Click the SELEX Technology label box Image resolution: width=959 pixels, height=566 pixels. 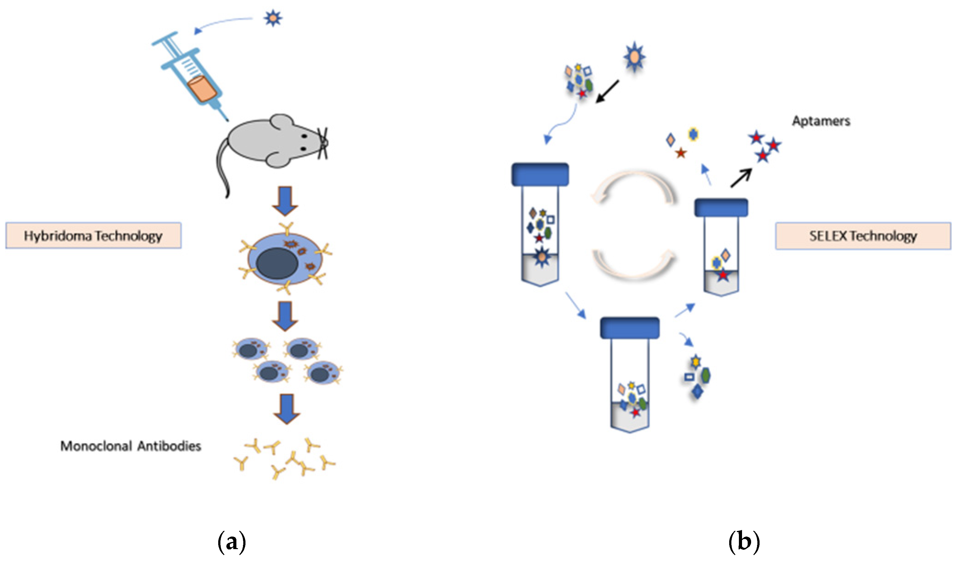863,236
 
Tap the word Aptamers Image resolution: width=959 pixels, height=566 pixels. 821,121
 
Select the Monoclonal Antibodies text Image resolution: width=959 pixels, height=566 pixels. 131,446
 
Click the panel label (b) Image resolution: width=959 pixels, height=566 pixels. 744,542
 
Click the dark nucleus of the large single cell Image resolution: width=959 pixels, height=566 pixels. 277,263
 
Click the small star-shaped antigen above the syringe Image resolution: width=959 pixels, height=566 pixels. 273,18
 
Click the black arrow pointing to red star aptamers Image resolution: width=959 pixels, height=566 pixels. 741,178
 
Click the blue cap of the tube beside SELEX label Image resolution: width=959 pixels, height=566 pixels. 721,208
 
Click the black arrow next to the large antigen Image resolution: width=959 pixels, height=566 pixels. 607,91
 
